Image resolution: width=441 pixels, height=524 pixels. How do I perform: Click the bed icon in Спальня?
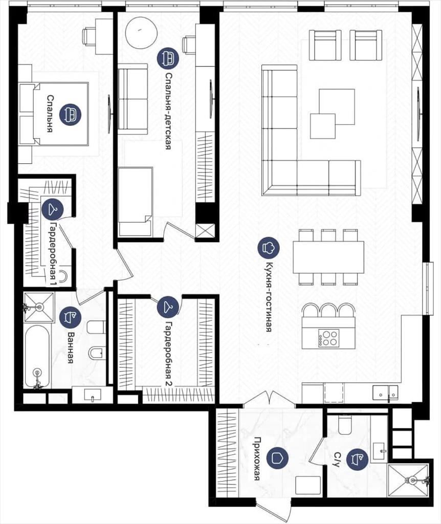(x=70, y=115)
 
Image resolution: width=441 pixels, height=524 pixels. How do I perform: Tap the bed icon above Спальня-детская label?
(x=168, y=58)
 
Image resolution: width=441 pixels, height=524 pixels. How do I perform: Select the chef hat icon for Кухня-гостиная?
(x=269, y=248)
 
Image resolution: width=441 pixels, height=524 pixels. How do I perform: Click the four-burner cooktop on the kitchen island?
(x=329, y=338)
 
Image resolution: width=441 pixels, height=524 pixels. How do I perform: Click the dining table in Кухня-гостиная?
(x=329, y=257)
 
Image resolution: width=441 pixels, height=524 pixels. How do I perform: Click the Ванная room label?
(x=71, y=347)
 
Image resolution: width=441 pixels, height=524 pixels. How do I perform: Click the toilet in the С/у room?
(x=344, y=424)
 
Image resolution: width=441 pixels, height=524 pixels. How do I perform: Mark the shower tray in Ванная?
(x=39, y=307)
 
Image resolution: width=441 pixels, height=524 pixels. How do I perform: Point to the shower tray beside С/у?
(x=408, y=480)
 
